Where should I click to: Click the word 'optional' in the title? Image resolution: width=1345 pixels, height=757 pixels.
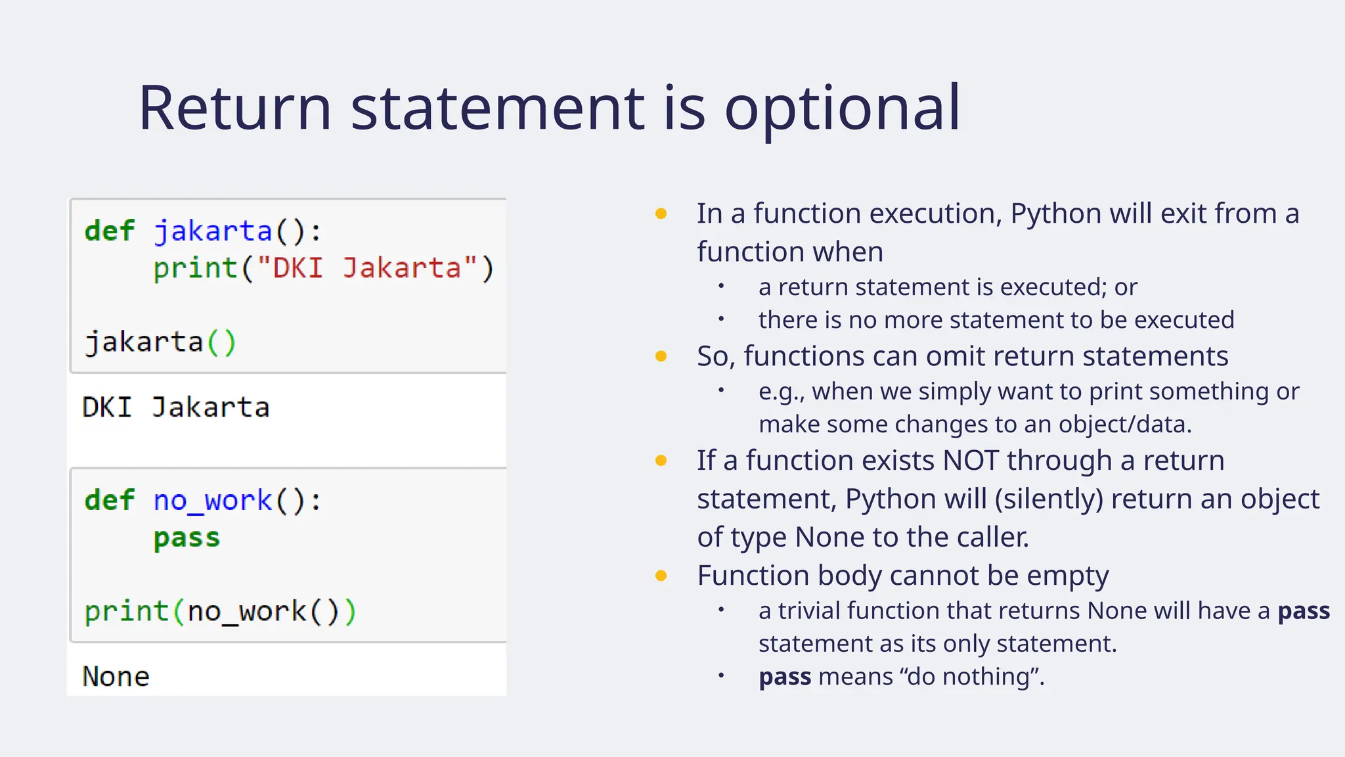[x=842, y=109]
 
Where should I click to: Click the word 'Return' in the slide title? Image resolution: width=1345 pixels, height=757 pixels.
[x=234, y=109]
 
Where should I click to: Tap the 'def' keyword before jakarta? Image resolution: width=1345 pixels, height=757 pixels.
[x=109, y=231]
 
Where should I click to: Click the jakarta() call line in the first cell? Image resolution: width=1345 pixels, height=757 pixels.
[x=160, y=342]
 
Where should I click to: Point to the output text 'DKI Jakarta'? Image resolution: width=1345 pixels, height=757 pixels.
[x=176, y=407]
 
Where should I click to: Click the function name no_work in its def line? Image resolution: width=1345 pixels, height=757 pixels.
[x=212, y=501]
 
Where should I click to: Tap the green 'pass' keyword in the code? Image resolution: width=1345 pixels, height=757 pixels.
[x=187, y=538]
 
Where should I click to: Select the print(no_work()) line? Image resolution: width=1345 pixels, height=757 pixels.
[x=220, y=612]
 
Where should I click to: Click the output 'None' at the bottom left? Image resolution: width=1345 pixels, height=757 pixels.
[x=116, y=677]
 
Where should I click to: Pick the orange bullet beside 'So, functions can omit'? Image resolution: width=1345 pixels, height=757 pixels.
[x=661, y=357]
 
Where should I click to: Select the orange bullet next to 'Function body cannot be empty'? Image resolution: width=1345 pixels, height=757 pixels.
[x=661, y=576]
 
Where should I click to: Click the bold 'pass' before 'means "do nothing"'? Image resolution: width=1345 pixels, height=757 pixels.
[x=785, y=677]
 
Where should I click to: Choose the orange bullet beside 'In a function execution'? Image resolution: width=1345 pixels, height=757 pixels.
[x=661, y=214]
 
